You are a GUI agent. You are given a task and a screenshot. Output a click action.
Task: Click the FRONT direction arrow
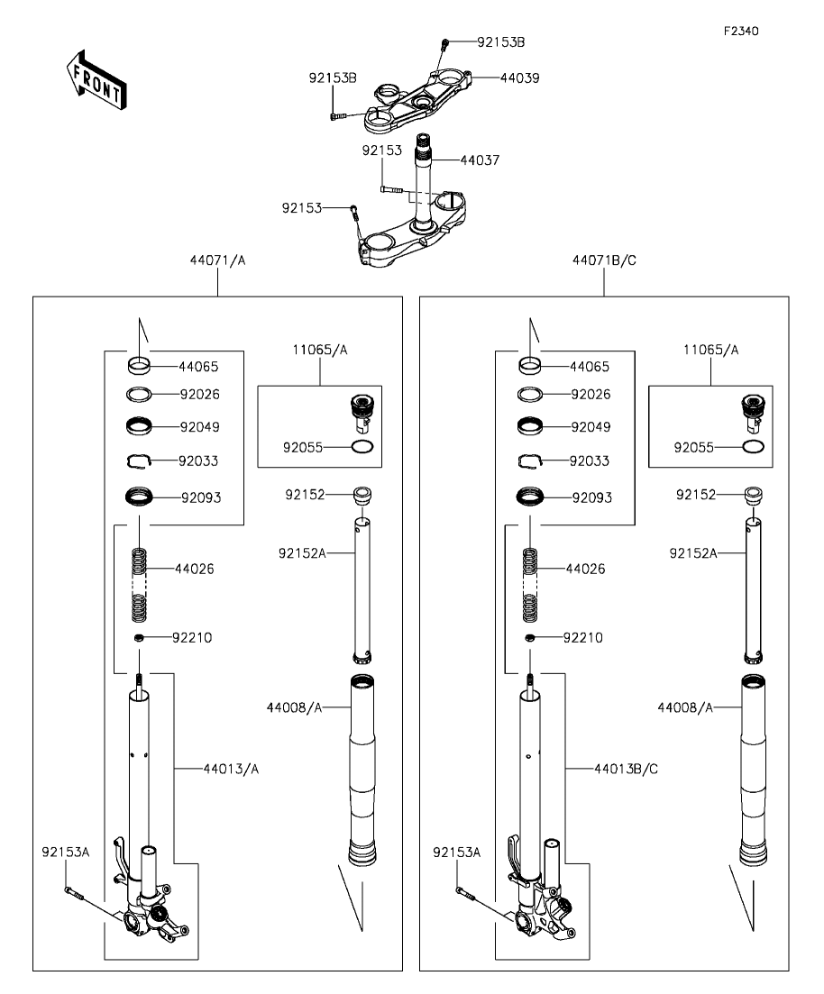point(96,79)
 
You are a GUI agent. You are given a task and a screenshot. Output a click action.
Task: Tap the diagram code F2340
point(741,31)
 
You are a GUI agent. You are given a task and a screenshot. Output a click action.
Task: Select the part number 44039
point(519,78)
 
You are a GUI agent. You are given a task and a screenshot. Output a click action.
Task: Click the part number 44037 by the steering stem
point(480,160)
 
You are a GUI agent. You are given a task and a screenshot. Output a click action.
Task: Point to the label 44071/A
point(217,260)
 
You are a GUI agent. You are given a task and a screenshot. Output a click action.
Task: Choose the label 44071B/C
point(604,260)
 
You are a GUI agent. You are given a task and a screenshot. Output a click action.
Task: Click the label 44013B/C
point(626,769)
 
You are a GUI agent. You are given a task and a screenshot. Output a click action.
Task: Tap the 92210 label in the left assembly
point(192,638)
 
